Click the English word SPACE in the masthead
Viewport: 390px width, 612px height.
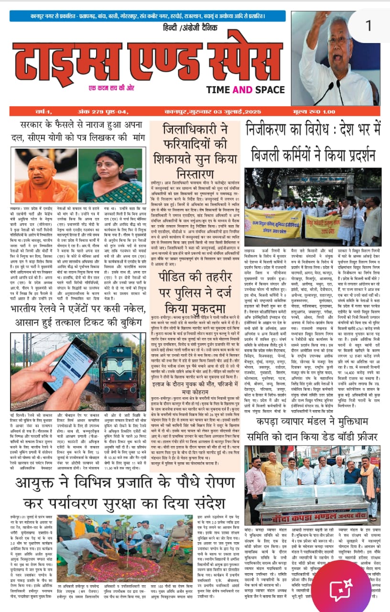point(270,89)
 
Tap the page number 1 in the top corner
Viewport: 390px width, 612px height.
point(368,25)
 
